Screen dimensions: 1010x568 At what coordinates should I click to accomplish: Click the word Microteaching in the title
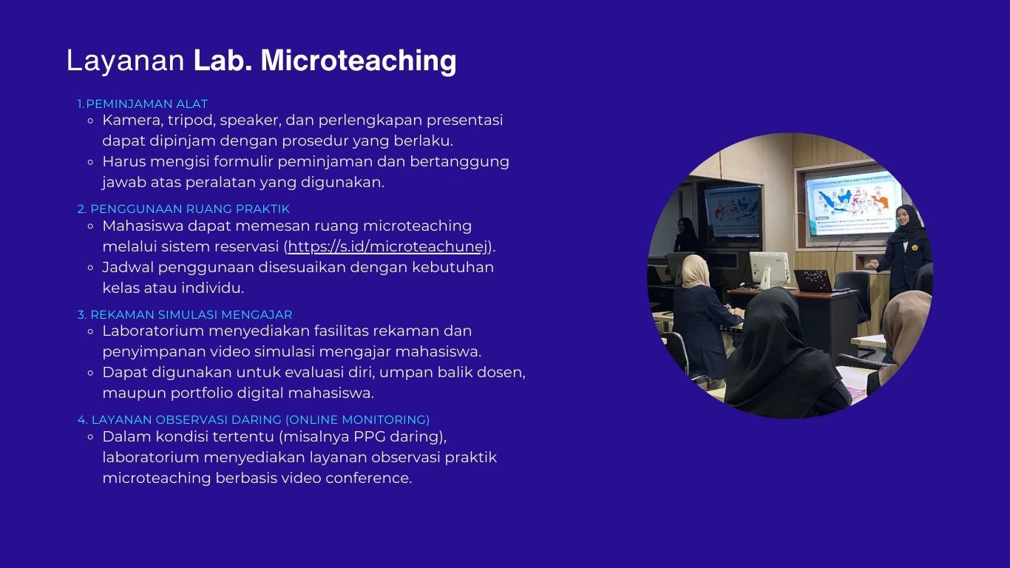click(359, 61)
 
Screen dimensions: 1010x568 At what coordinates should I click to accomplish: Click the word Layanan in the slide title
click(126, 61)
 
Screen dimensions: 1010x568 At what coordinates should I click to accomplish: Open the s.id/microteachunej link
click(387, 246)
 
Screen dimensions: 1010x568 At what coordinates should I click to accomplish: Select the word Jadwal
click(128, 268)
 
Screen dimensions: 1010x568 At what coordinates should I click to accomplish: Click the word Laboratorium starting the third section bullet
click(153, 331)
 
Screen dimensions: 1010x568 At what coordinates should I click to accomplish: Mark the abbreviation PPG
click(369, 436)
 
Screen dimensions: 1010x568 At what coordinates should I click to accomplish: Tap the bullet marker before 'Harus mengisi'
click(91, 162)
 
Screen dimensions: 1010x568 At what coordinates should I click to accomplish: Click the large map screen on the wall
click(853, 203)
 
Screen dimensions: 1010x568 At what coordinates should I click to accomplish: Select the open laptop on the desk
click(813, 281)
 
